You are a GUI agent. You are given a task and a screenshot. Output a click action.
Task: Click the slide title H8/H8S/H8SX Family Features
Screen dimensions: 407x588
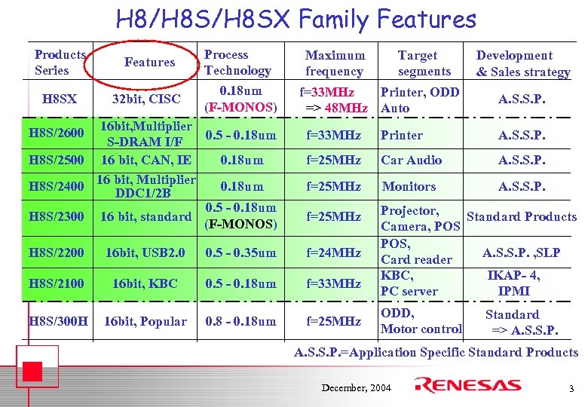[x=296, y=19]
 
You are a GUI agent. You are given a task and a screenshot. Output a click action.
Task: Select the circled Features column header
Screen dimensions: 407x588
[x=149, y=63]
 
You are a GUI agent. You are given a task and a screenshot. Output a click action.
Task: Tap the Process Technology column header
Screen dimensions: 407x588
[x=237, y=63]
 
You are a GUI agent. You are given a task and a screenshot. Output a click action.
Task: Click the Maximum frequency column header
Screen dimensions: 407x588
[x=335, y=63]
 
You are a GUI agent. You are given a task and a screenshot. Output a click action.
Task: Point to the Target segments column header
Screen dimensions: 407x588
[x=424, y=63]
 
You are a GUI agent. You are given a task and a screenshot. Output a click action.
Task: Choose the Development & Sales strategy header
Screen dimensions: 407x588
[x=522, y=63]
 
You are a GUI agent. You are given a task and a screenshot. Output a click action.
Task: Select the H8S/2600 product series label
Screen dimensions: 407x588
[x=56, y=133]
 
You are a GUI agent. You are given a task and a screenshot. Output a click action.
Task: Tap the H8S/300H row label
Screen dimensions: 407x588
[x=58, y=322]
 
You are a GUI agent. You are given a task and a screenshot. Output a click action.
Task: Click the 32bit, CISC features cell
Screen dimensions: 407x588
[x=146, y=99]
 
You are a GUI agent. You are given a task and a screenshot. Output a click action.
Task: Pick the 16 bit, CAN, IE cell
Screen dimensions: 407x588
[x=146, y=160]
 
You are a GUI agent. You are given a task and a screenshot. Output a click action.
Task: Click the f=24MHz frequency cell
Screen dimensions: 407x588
[x=334, y=252]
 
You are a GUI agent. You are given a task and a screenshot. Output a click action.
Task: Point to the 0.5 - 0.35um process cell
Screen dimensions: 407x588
[x=240, y=252]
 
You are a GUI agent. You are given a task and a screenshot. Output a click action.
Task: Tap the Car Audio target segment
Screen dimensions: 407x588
[x=412, y=160]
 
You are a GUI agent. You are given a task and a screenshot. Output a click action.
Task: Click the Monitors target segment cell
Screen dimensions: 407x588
[x=409, y=186]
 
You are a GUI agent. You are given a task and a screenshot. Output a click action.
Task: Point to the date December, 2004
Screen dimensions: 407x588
[x=356, y=387]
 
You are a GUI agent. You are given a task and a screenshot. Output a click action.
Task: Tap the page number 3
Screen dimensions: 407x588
[x=571, y=388]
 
